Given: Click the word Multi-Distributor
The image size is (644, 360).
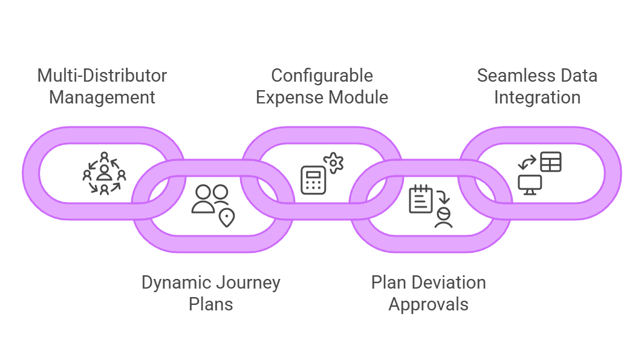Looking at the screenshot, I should tap(102, 76).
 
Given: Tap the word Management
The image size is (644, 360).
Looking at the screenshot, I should tap(102, 97).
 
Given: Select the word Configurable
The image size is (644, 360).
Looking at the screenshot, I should tap(322, 76).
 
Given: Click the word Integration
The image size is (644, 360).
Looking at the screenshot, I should tap(537, 97).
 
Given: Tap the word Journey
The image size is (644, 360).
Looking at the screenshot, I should tap(248, 283).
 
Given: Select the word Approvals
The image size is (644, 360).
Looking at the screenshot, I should tap(428, 304).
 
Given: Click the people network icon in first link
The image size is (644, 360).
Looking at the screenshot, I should tap(104, 174).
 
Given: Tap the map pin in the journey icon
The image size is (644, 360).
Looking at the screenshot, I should tap(227, 217).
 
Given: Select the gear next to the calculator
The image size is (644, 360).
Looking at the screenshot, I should tap(333, 163).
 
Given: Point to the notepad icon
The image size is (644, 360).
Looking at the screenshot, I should tap(421, 199).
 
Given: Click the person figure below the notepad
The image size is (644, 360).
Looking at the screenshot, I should tap(443, 217).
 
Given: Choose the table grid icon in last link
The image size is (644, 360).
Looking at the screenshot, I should tap(550, 162).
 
